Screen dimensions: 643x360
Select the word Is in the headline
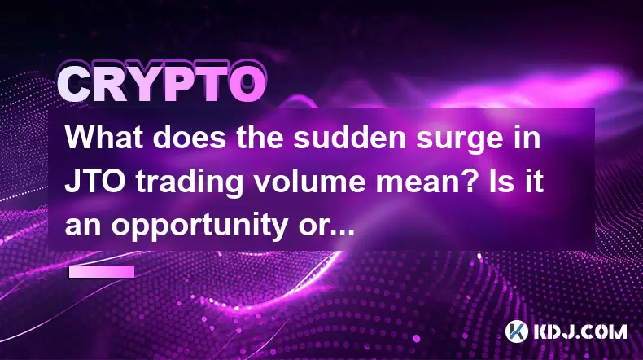(507, 181)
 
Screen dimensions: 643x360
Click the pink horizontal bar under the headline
(102, 271)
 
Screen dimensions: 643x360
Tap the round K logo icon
(517, 331)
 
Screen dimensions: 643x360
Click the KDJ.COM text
(580, 331)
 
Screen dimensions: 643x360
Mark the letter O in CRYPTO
(246, 84)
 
